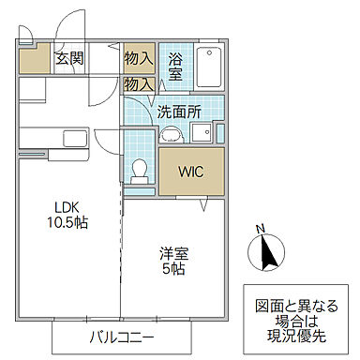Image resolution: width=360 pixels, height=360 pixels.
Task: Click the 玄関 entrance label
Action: coord(69,58)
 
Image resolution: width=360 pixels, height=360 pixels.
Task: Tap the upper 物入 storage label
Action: coord(139,58)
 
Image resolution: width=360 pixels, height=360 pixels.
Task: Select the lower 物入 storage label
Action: coord(139,84)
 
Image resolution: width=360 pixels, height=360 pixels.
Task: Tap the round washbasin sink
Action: coord(170,134)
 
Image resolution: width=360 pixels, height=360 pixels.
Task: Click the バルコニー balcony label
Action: coord(121,337)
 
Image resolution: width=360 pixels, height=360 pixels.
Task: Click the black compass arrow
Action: coord(266,251)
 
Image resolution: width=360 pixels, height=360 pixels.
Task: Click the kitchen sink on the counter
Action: coord(72,140)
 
